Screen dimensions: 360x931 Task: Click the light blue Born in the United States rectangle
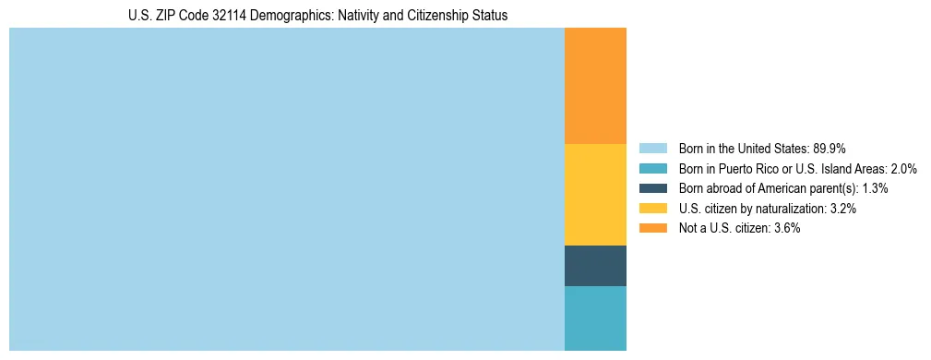tap(286, 189)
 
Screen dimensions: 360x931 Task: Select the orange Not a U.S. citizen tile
tap(595, 86)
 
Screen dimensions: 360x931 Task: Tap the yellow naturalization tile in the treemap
tap(595, 195)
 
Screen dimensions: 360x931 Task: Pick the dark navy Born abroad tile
tap(595, 266)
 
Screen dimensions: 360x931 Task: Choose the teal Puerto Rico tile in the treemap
tap(595, 318)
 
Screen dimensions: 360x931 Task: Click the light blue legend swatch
tap(652, 148)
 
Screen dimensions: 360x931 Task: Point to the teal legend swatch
tap(652, 168)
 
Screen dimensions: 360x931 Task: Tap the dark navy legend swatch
tap(652, 188)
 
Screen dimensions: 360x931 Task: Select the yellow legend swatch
tap(652, 209)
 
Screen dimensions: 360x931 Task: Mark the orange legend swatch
tap(652, 228)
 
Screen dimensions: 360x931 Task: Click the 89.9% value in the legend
tap(830, 148)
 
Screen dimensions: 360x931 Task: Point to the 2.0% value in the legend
tap(901, 168)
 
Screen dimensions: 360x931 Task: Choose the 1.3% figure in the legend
tap(875, 188)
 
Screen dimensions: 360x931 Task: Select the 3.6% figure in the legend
tap(783, 228)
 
